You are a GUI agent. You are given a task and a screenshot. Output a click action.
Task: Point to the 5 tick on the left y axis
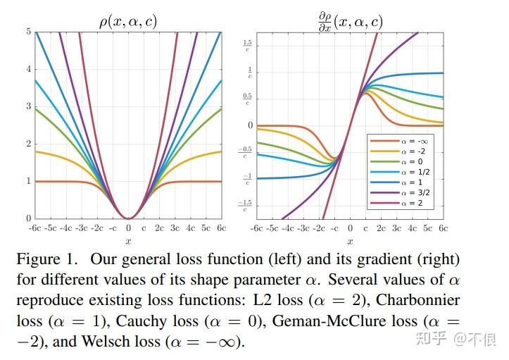click(28, 32)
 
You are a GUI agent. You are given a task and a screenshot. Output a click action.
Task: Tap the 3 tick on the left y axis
click(28, 106)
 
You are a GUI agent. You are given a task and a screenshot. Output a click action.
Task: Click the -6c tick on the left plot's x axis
click(35, 228)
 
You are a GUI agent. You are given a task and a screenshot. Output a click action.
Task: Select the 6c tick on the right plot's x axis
click(444, 228)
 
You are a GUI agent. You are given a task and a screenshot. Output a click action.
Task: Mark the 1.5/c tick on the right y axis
click(249, 46)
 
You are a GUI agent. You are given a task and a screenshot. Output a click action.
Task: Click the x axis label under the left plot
click(128, 241)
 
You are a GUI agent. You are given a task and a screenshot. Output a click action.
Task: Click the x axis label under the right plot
click(350, 241)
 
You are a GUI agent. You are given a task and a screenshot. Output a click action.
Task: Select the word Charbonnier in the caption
click(418, 300)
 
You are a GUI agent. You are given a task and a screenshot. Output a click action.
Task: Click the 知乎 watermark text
click(432, 340)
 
